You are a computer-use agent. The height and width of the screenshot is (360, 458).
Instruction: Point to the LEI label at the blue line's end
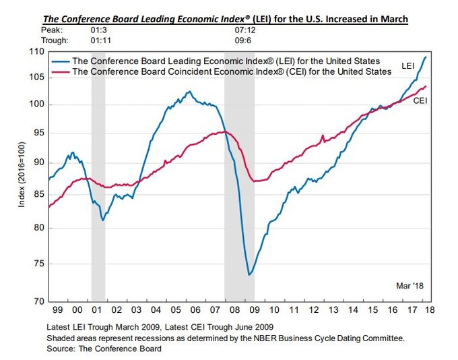[x=407, y=66]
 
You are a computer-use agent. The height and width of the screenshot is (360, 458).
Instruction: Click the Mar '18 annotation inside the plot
[x=409, y=285]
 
